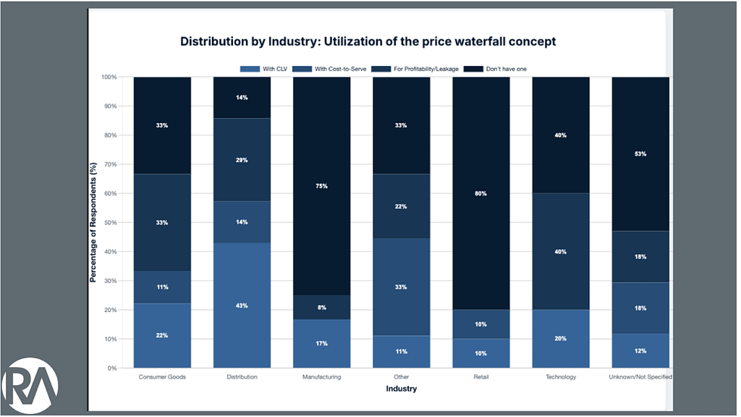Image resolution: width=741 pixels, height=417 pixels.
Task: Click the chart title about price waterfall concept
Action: click(x=368, y=41)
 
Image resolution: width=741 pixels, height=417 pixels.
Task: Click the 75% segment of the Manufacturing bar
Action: click(x=321, y=186)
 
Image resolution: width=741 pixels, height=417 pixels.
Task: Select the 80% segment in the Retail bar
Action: click(x=481, y=193)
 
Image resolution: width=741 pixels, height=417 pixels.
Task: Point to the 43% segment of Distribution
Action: click(x=242, y=306)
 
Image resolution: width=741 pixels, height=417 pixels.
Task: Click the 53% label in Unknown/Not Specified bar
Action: click(x=640, y=153)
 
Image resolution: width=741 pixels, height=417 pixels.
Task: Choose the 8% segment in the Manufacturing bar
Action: click(x=321, y=308)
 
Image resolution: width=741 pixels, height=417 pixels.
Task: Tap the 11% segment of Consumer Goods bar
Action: click(x=162, y=287)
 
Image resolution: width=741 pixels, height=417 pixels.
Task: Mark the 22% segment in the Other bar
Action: click(x=401, y=206)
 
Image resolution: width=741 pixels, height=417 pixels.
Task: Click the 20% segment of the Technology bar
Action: click(x=561, y=339)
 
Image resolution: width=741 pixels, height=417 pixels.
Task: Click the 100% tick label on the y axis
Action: click(x=108, y=77)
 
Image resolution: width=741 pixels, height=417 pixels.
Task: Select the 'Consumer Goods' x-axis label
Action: click(x=162, y=377)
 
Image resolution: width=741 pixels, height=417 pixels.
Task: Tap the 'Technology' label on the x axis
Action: click(x=561, y=377)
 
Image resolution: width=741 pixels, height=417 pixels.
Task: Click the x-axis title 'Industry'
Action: click(x=400, y=389)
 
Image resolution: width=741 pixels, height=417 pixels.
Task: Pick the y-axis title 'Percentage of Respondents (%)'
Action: click(x=93, y=223)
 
